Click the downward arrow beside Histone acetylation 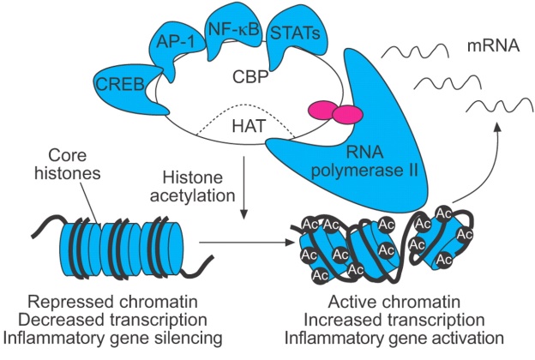247,193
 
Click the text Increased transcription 402,320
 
